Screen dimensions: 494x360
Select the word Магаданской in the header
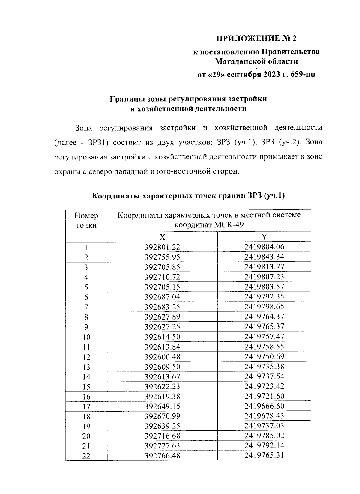point(236,61)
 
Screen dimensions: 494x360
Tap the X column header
point(162,237)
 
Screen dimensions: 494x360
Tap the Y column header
point(264,237)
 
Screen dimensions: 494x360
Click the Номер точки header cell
point(86,220)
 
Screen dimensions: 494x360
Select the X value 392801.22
point(162,247)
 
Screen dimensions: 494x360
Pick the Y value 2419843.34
point(264,257)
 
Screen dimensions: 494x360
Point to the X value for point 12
point(162,357)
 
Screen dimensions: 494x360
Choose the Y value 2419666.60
point(264,406)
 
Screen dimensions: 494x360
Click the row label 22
point(86,456)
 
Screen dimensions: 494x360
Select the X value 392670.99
point(162,416)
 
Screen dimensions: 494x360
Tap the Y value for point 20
point(264,436)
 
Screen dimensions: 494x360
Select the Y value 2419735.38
point(264,367)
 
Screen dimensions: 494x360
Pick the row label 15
point(86,387)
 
